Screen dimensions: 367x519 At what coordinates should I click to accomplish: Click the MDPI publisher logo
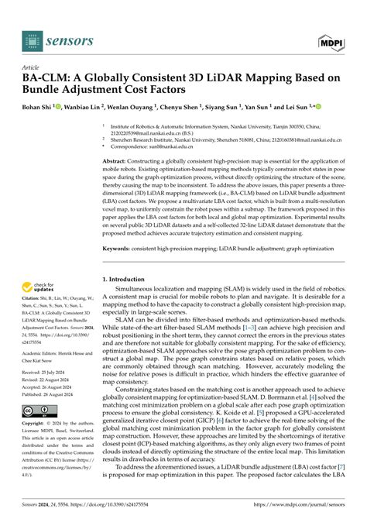coord(329,40)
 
